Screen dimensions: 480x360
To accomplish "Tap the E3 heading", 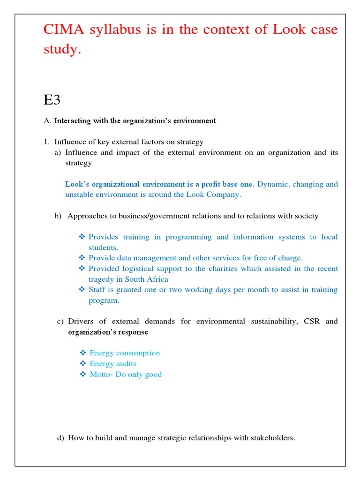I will pos(52,99).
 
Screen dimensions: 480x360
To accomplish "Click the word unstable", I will pos(80,195).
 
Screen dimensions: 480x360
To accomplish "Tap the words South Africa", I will pos(148,279).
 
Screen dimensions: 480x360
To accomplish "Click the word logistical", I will pos(141,269).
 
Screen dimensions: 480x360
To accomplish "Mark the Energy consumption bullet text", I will pos(125,353).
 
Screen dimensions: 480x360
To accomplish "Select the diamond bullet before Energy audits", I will pos(82,364).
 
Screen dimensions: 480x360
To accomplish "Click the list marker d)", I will pos(60,438).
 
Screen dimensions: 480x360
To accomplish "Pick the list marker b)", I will pos(58,216).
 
